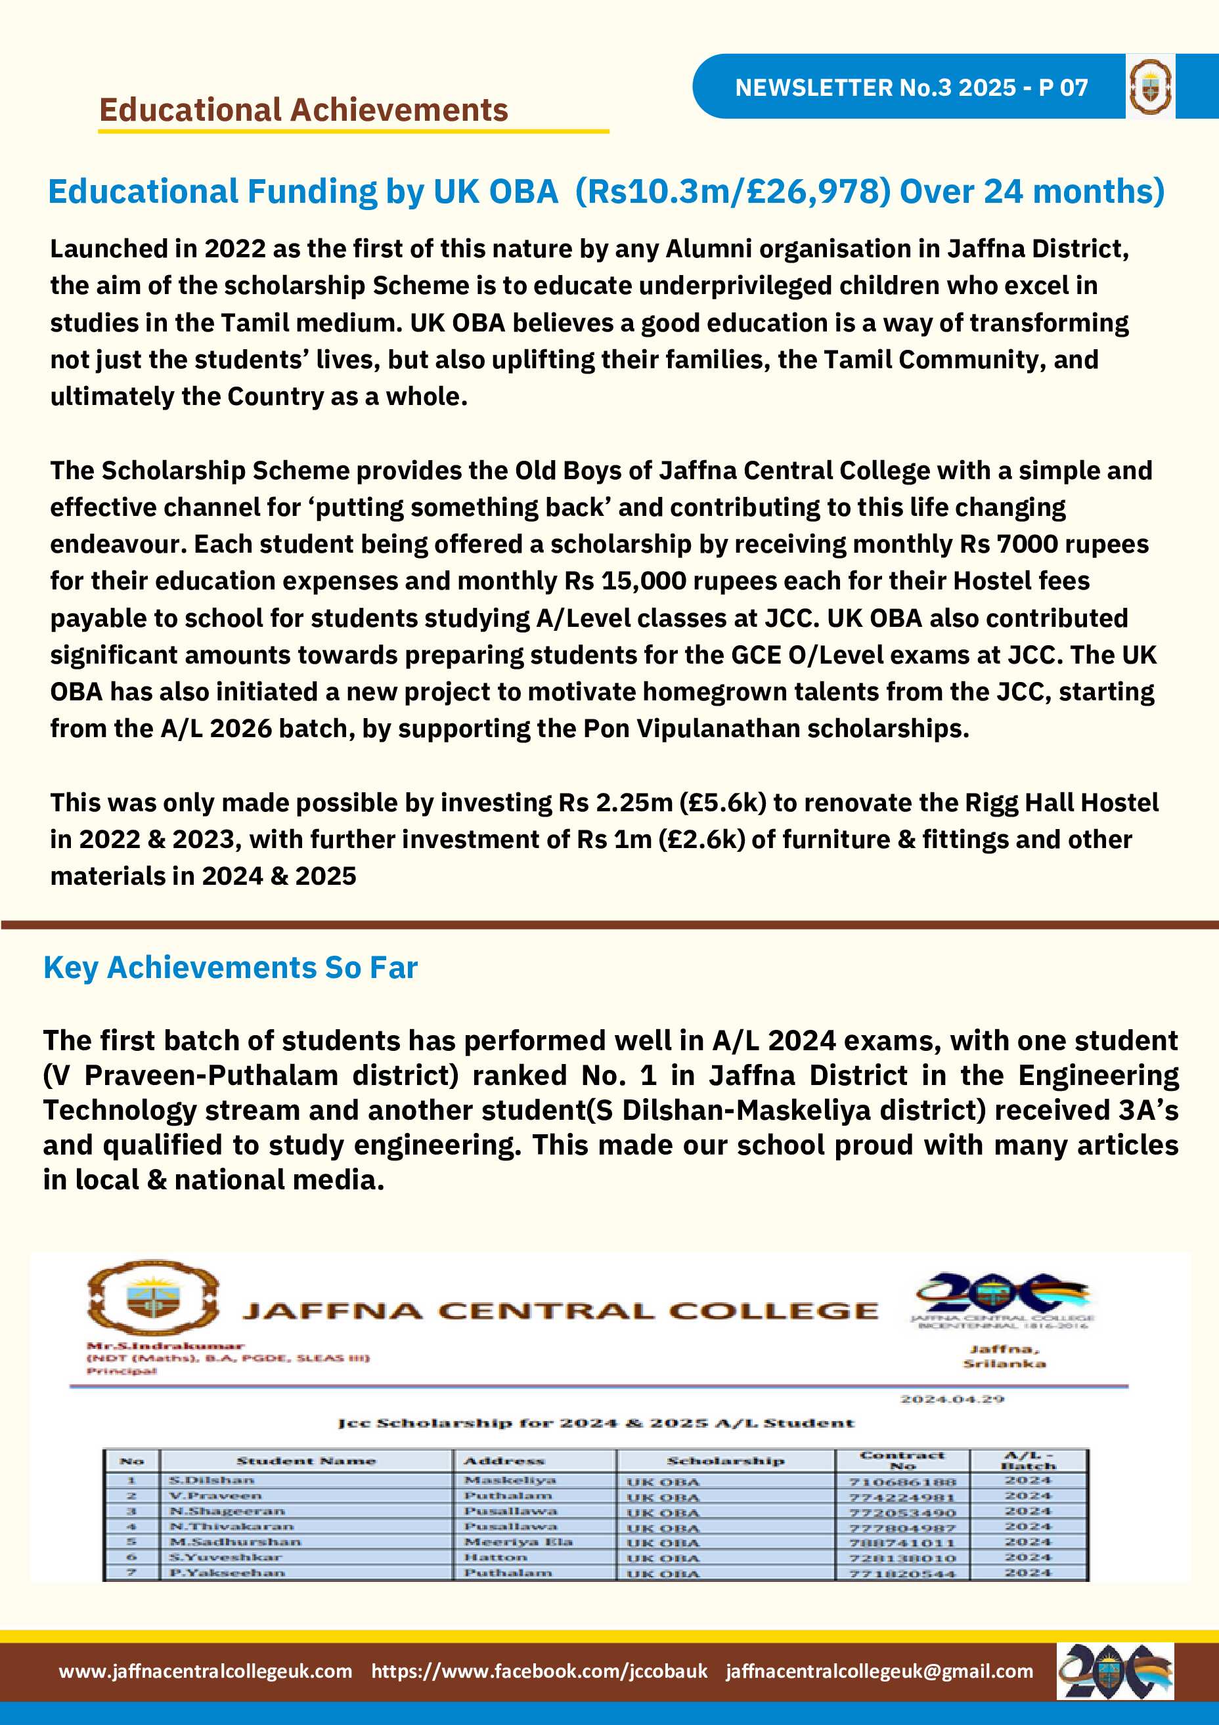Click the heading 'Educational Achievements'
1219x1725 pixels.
tap(303, 110)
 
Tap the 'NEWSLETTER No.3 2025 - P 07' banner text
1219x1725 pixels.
tap(911, 88)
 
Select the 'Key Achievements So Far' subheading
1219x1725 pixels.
tap(230, 968)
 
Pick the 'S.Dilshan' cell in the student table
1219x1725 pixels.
tap(212, 1480)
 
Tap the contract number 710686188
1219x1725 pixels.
tap(902, 1481)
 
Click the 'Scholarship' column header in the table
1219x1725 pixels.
tap(725, 1460)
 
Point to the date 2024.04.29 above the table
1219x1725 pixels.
tap(952, 1399)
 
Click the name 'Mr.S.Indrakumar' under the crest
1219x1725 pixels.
tap(166, 1346)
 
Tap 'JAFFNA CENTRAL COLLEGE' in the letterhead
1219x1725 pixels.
tap(560, 1311)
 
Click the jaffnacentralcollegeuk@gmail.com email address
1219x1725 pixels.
tap(879, 1671)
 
